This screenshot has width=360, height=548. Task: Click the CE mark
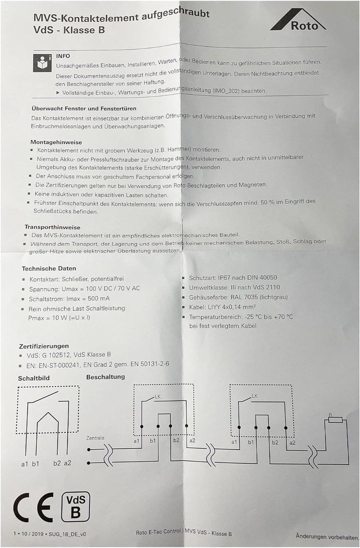click(x=33, y=507)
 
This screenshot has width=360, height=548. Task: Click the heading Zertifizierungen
click(x=44, y=345)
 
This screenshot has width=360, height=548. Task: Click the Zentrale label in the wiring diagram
click(x=95, y=437)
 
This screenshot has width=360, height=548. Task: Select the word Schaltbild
click(x=34, y=378)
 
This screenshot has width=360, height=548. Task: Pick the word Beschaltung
click(x=105, y=376)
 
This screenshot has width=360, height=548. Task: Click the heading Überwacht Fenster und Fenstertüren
click(x=84, y=108)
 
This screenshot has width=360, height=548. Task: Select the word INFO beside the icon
click(x=63, y=56)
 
